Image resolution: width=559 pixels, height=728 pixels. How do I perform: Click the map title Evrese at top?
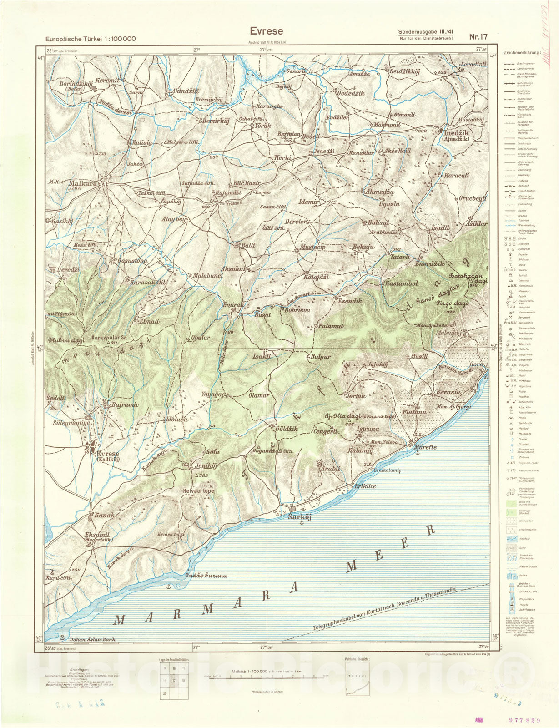[x=266, y=31]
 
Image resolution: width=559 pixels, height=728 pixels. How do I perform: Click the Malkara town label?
[x=83, y=184]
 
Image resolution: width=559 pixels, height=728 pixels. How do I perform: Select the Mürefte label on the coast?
[x=425, y=447]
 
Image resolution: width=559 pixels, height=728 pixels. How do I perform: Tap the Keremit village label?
[x=108, y=80]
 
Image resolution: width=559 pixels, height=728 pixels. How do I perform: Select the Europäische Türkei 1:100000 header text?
[x=90, y=39]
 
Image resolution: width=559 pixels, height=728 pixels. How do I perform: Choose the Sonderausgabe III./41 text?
[x=426, y=31]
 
